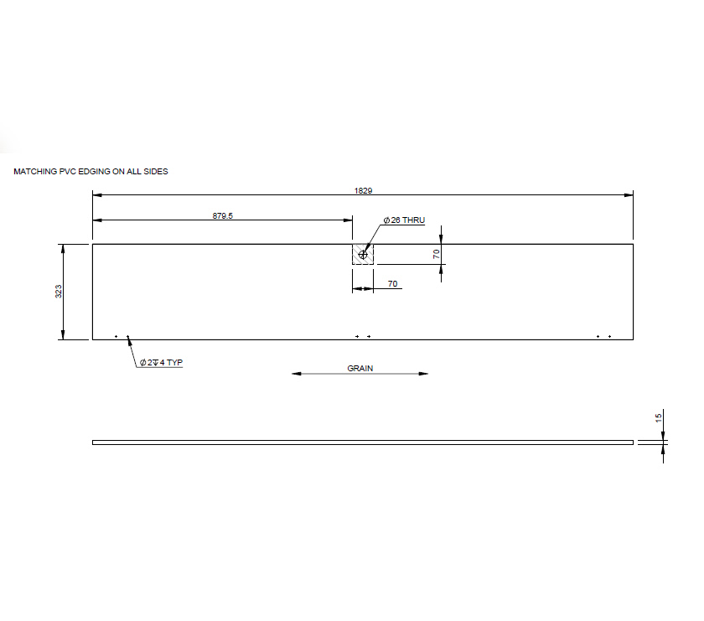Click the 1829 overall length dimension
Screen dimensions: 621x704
click(x=363, y=190)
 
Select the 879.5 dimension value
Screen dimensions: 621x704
click(x=222, y=215)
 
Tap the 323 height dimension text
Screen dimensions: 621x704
click(x=58, y=292)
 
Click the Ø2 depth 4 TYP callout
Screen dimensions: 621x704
click(x=161, y=363)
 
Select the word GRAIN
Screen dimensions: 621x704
click(x=360, y=368)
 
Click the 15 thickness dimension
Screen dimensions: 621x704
click(x=659, y=417)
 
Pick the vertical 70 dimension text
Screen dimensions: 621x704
click(x=437, y=253)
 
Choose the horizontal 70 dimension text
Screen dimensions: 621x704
click(x=392, y=284)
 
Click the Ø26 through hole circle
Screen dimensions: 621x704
click(x=363, y=254)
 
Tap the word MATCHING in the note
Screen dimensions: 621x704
click(x=34, y=171)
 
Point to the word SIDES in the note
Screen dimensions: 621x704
click(x=156, y=171)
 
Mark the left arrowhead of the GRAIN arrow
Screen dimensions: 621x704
click(x=296, y=373)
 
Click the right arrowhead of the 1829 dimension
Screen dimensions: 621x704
click(x=629, y=195)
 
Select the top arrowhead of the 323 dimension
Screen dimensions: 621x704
click(x=63, y=248)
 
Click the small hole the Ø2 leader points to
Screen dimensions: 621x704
click(x=127, y=337)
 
